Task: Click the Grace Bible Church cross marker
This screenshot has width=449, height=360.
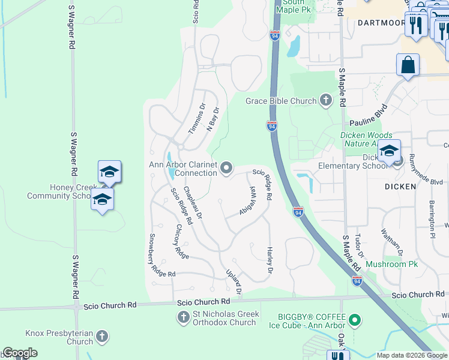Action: coord(326,100)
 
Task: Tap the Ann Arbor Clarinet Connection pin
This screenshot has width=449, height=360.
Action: coord(226,169)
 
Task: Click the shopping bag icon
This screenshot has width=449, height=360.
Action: coord(408,65)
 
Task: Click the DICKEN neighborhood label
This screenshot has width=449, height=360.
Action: coord(400,187)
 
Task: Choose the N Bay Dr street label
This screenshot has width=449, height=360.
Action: coord(213,119)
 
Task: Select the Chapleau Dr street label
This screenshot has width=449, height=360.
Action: coord(193,202)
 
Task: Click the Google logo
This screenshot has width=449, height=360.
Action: coord(20,353)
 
